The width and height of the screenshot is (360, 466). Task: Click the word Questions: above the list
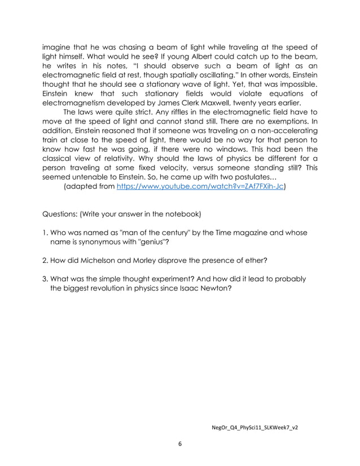point(63,214)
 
